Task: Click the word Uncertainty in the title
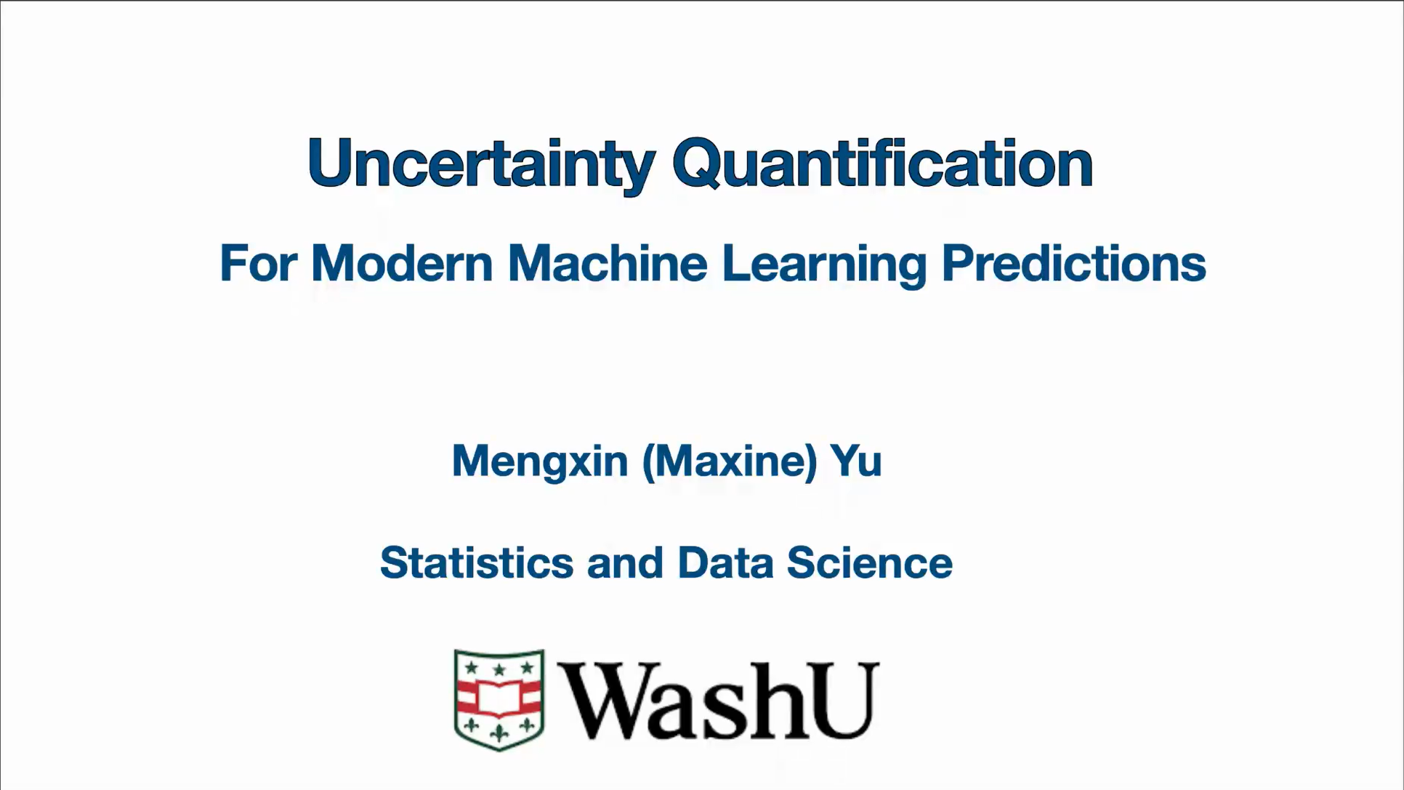pyautogui.click(x=482, y=165)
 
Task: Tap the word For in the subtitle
pyautogui.click(x=258, y=263)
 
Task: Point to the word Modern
pyautogui.click(x=402, y=263)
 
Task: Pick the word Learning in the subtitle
pyautogui.click(x=824, y=265)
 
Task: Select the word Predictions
pyautogui.click(x=1074, y=263)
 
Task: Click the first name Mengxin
pyautogui.click(x=540, y=461)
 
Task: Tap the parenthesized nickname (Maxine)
pyautogui.click(x=730, y=461)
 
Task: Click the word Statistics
pyautogui.click(x=477, y=563)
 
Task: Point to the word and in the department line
pyautogui.click(x=625, y=563)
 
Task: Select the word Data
pyautogui.click(x=725, y=563)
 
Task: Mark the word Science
pyautogui.click(x=869, y=563)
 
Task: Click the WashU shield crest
pyautogui.click(x=499, y=700)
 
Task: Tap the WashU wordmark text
pyautogui.click(x=718, y=700)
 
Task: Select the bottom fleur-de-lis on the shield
pyautogui.click(x=499, y=733)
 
